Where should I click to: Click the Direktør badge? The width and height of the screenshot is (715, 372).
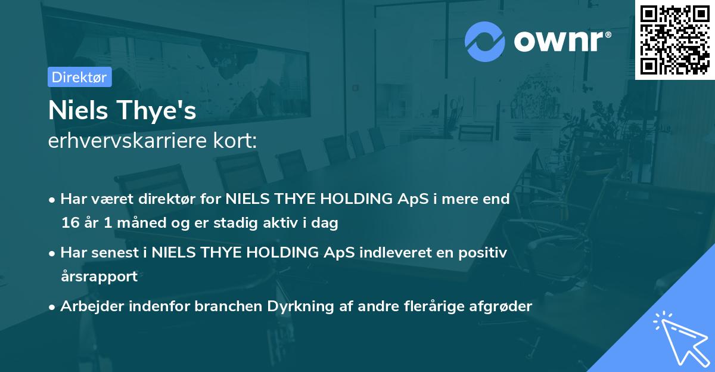pyautogui.click(x=79, y=77)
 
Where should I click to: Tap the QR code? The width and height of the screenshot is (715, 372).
pyautogui.click(x=674, y=39)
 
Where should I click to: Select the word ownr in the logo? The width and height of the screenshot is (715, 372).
pyautogui.click(x=562, y=41)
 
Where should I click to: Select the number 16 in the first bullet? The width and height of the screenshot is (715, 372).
pyautogui.click(x=69, y=224)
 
